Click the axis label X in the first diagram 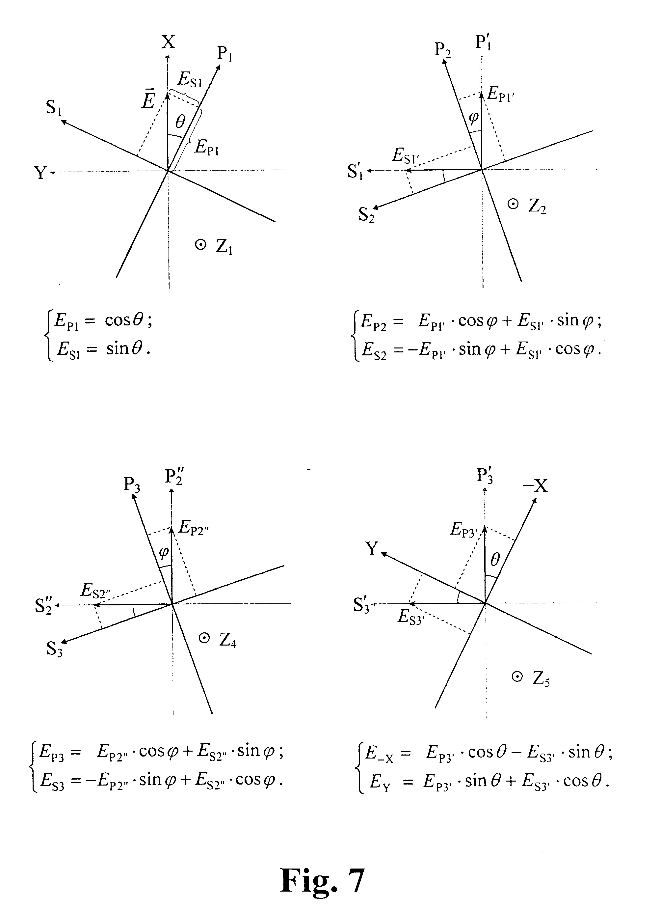click(x=169, y=42)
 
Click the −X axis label click(x=535, y=486)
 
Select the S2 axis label click(x=366, y=215)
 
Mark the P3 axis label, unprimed click(x=132, y=484)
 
